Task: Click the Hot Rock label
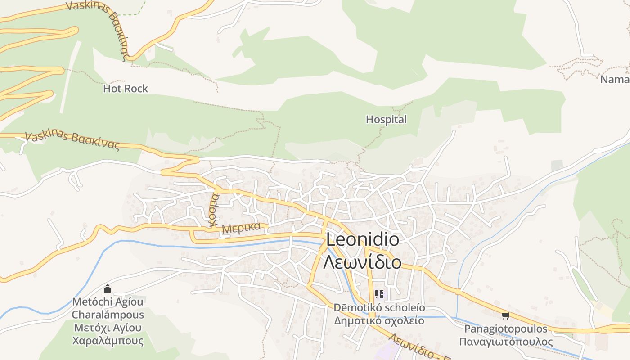pos(125,89)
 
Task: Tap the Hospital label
pos(386,119)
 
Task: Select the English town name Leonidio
pos(362,239)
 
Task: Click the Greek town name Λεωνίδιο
pos(362,261)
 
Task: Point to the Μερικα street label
pos(242,227)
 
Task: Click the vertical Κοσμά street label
pos(214,209)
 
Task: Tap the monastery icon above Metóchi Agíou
pos(108,288)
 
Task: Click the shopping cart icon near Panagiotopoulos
pos(505,315)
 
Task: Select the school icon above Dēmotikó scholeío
pos(379,294)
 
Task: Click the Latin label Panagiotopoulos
pos(506,328)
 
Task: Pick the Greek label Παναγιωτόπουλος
pos(506,342)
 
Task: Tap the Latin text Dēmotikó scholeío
pos(379,308)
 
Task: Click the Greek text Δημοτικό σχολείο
pos(379,320)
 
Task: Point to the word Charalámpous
pos(108,315)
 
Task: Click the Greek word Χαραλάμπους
pos(108,340)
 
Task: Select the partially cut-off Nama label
pos(615,80)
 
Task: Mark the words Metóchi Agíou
pos(108,301)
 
